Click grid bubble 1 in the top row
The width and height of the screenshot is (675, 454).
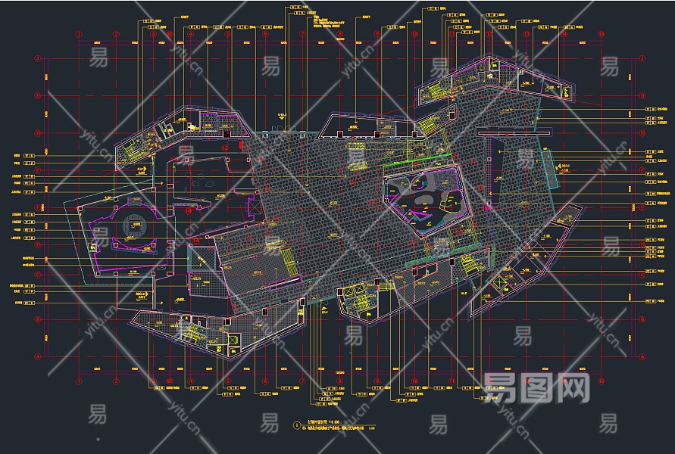(79, 34)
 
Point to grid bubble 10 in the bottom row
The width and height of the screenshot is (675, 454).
(415, 380)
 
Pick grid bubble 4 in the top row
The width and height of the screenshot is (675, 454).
(191, 34)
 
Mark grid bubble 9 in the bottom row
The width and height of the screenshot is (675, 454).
(377, 380)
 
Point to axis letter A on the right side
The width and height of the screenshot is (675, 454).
(642, 356)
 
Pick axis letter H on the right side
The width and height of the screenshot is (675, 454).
(642, 95)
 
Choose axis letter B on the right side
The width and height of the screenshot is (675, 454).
(642, 319)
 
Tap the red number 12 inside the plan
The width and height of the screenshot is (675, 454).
(226, 148)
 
